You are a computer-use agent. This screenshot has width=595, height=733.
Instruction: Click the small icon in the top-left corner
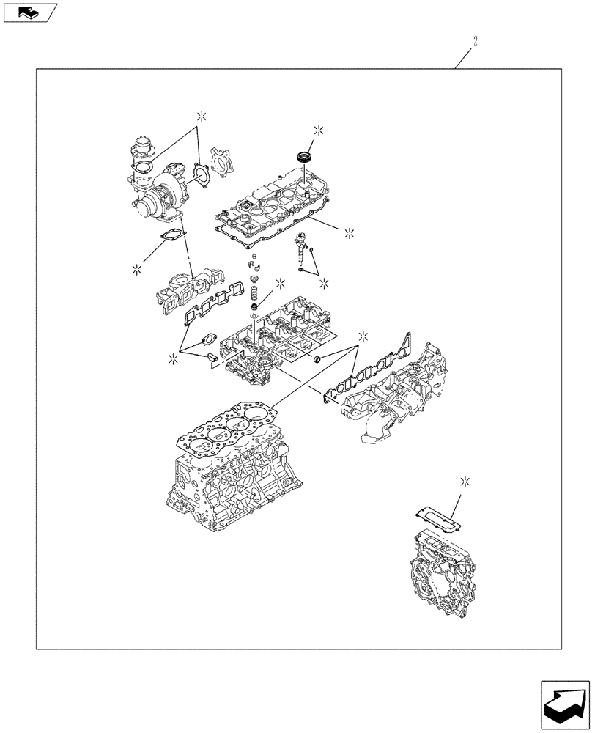[x=29, y=12]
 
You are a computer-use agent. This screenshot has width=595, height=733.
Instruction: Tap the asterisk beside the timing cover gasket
[x=464, y=481]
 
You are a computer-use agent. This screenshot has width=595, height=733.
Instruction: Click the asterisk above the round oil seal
[x=319, y=130]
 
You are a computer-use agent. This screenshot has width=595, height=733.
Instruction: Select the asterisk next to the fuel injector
[x=323, y=282]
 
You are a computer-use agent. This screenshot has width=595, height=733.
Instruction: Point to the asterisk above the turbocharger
[x=201, y=115]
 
